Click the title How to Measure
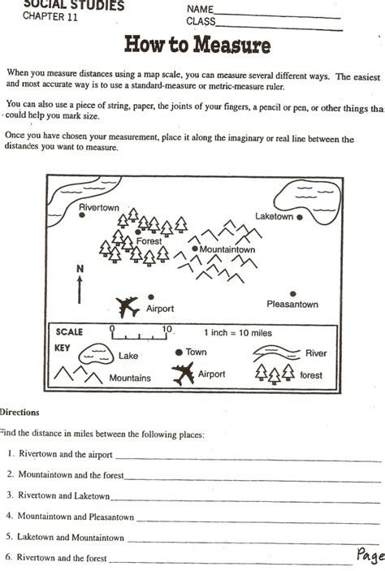197,45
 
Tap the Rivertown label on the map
99,208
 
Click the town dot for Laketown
300,218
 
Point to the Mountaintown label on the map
227,249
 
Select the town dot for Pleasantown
292,294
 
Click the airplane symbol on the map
128,306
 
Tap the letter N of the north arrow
80,268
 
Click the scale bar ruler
140,332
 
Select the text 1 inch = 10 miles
237,332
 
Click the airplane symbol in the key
184,374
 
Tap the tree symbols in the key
275,373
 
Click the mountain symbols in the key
78,375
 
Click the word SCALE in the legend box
70,331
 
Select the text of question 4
76,516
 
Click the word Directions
19,413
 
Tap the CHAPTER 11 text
51,19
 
